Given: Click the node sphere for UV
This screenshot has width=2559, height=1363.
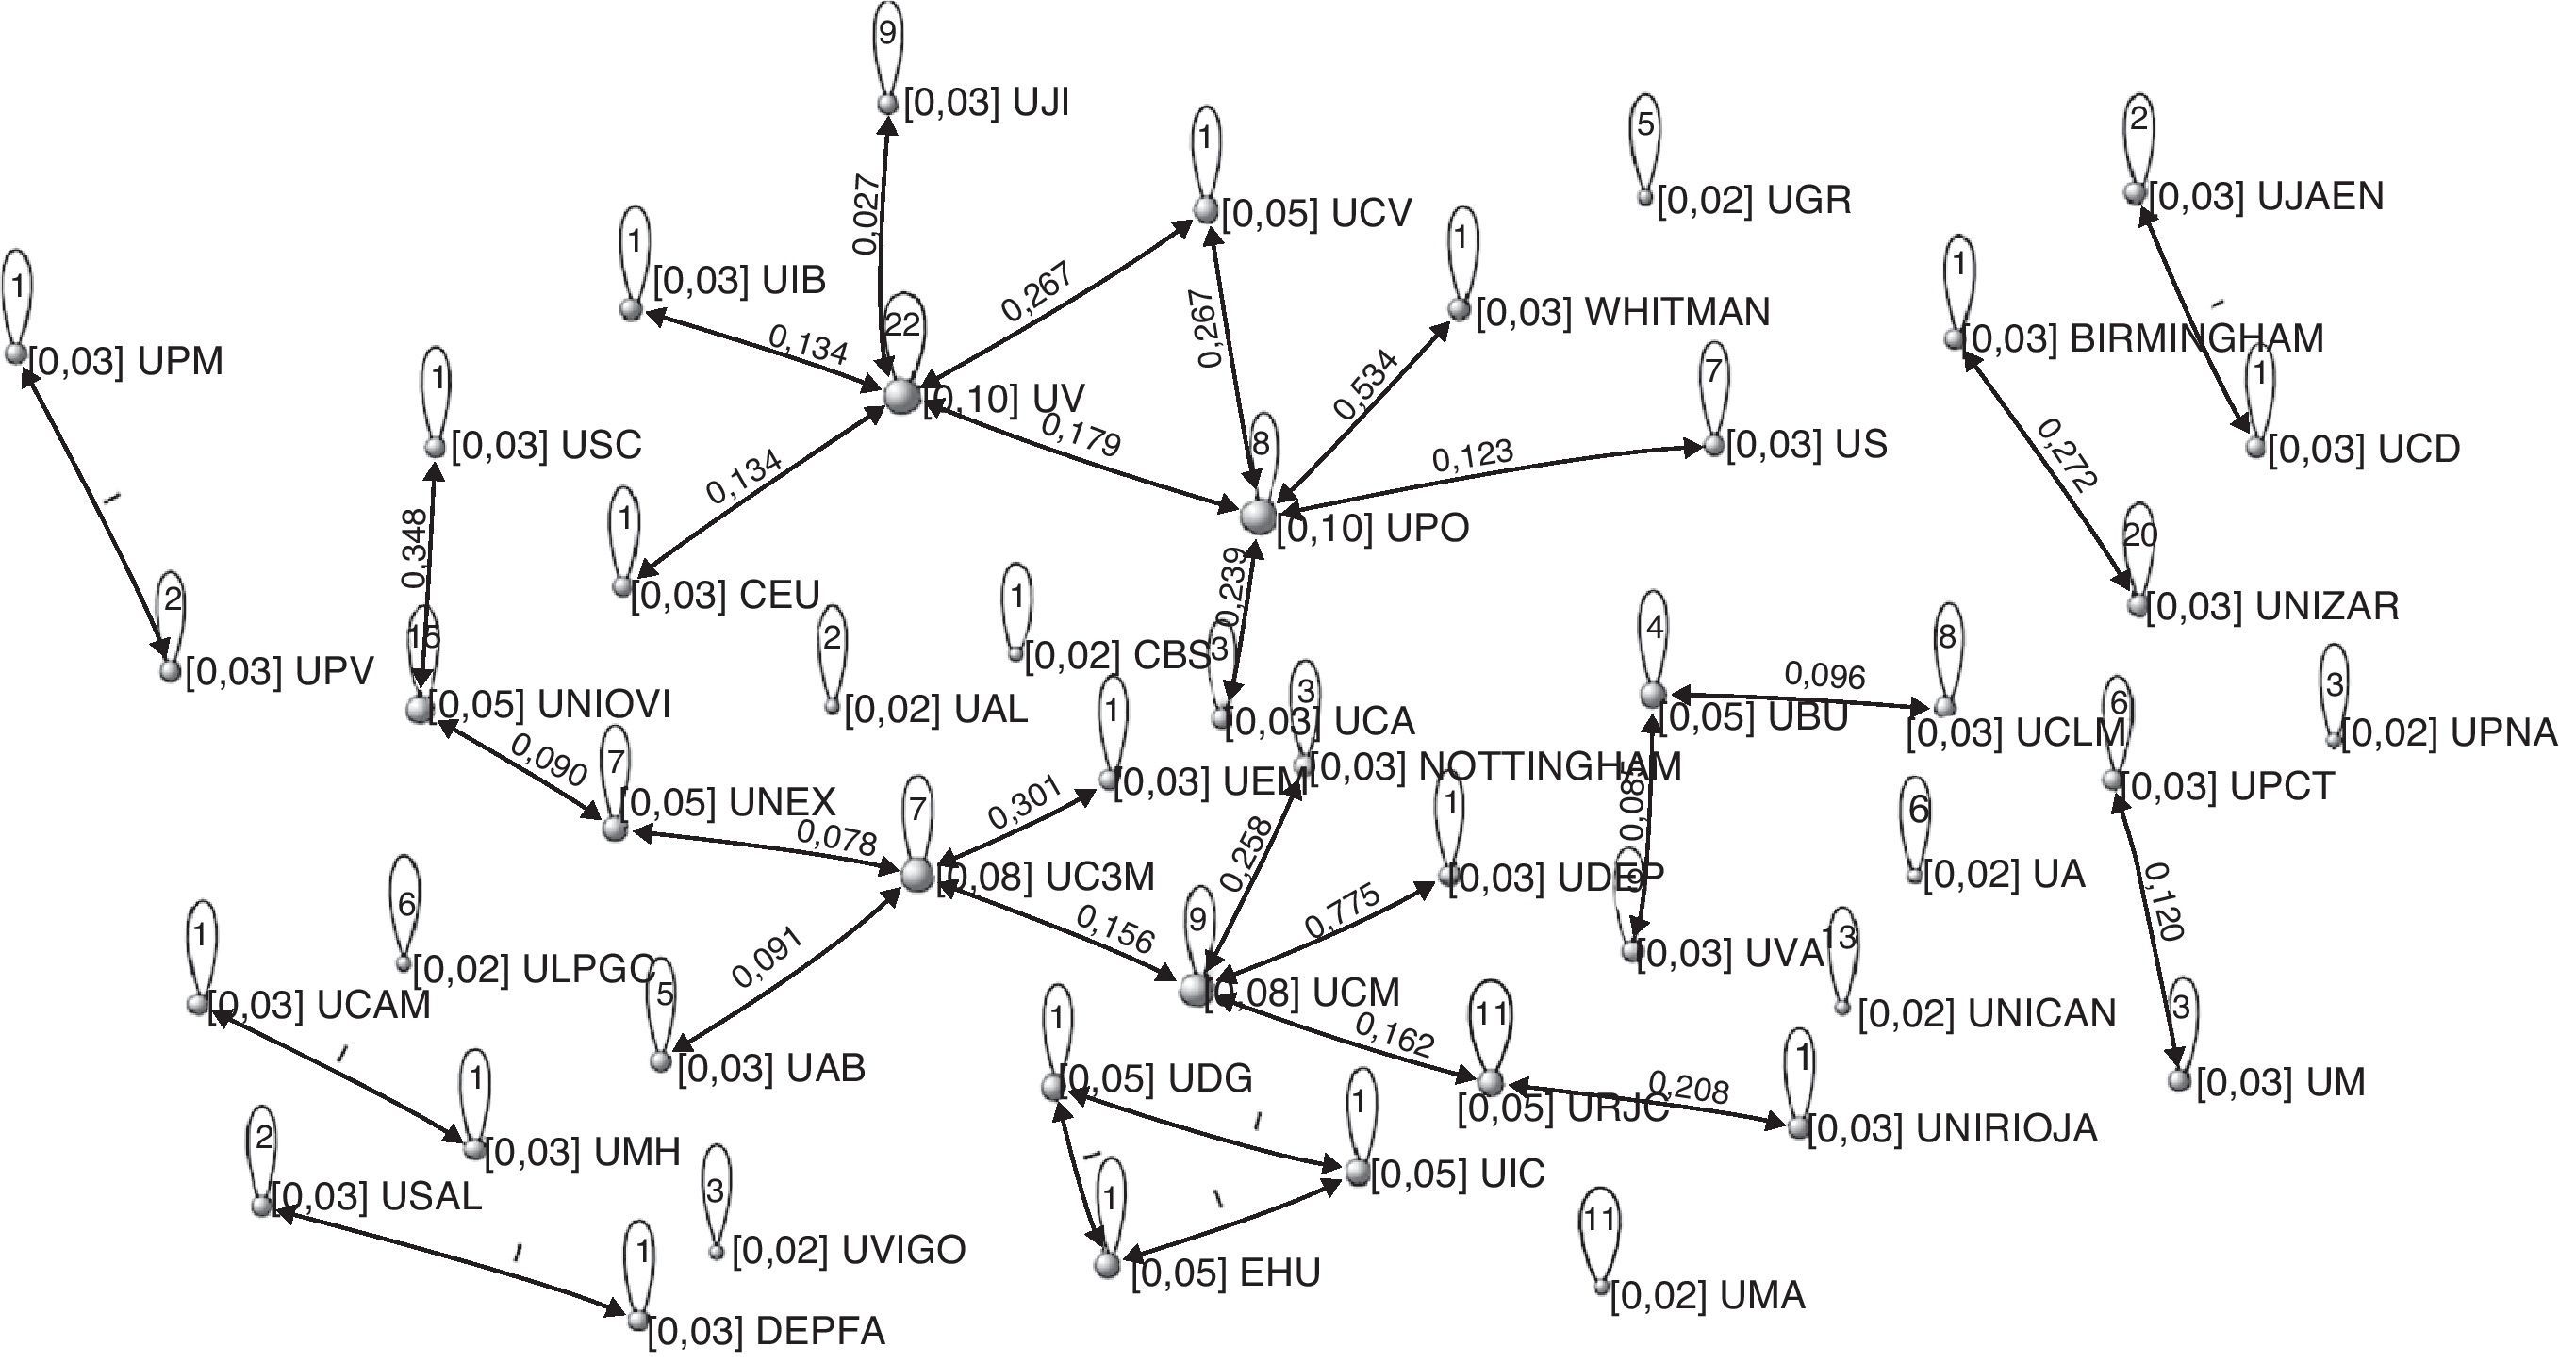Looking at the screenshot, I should point(902,395).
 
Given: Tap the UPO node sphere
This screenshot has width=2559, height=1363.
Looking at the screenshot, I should point(1258,516).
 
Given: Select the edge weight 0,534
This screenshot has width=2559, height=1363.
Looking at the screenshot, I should point(1366,384).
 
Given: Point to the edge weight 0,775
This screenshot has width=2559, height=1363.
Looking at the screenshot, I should point(1343,910).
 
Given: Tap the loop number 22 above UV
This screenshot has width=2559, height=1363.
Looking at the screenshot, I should point(902,325).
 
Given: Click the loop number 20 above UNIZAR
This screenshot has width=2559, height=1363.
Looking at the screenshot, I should point(2140,535).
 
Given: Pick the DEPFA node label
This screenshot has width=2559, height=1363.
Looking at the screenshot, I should point(766,1331).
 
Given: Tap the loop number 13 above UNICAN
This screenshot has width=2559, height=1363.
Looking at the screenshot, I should point(1840,936).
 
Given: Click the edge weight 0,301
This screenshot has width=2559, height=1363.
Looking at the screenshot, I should point(1024,799).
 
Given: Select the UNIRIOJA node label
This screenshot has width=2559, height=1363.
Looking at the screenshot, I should point(1952,1128).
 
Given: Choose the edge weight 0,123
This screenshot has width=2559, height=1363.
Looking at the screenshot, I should point(1472,455).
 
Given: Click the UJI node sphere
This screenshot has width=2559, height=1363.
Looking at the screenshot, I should point(887,104).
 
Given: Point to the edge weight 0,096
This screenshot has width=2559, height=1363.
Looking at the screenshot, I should point(1824,676).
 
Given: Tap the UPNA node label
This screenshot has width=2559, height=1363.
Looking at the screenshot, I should point(2449,733).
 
